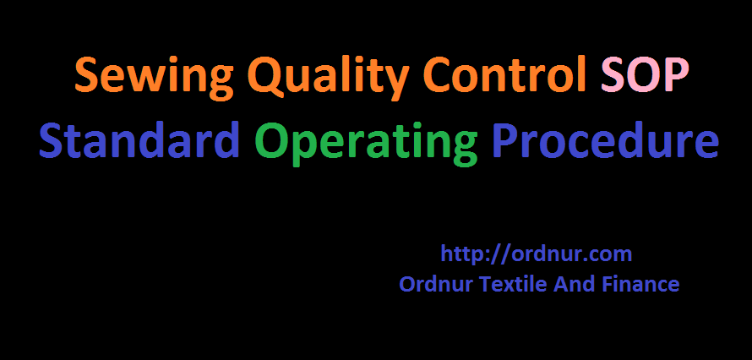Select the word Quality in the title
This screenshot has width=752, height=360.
[295, 78]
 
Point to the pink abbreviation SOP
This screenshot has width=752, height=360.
[644, 76]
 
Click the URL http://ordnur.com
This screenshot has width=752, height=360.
[537, 254]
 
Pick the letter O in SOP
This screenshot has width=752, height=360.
[644, 77]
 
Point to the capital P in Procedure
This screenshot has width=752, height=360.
[505, 141]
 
